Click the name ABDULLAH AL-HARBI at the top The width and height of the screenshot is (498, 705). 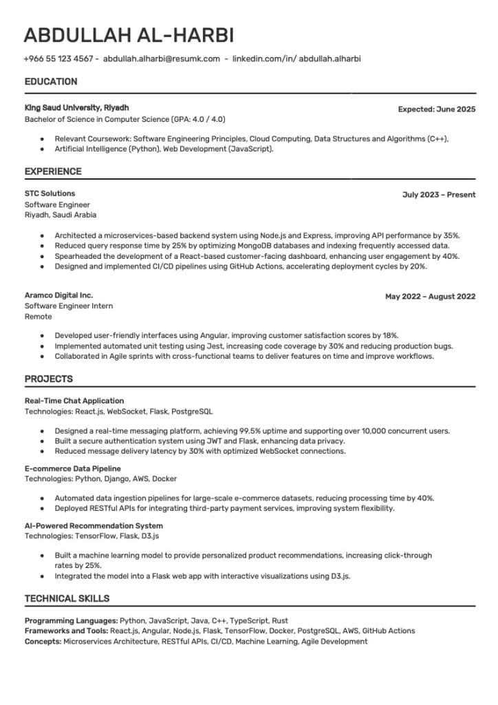128,35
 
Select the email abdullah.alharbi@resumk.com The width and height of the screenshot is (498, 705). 162,59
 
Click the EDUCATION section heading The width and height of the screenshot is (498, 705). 51,82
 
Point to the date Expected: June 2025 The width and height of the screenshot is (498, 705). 437,109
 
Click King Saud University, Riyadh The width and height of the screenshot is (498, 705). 76,108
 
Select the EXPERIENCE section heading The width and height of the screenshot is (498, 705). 53,171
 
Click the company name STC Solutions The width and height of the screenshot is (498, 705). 50,193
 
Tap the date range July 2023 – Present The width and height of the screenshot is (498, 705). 439,195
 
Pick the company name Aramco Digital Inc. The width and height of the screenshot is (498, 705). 58,295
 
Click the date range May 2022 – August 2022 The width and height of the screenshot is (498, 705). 430,297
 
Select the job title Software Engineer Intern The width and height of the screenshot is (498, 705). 69,306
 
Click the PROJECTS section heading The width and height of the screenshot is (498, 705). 49,379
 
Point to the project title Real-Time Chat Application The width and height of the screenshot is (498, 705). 74,401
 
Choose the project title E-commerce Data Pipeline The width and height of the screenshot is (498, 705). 72,468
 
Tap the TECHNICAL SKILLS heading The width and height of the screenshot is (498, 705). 67,598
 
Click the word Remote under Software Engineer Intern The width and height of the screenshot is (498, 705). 38,317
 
